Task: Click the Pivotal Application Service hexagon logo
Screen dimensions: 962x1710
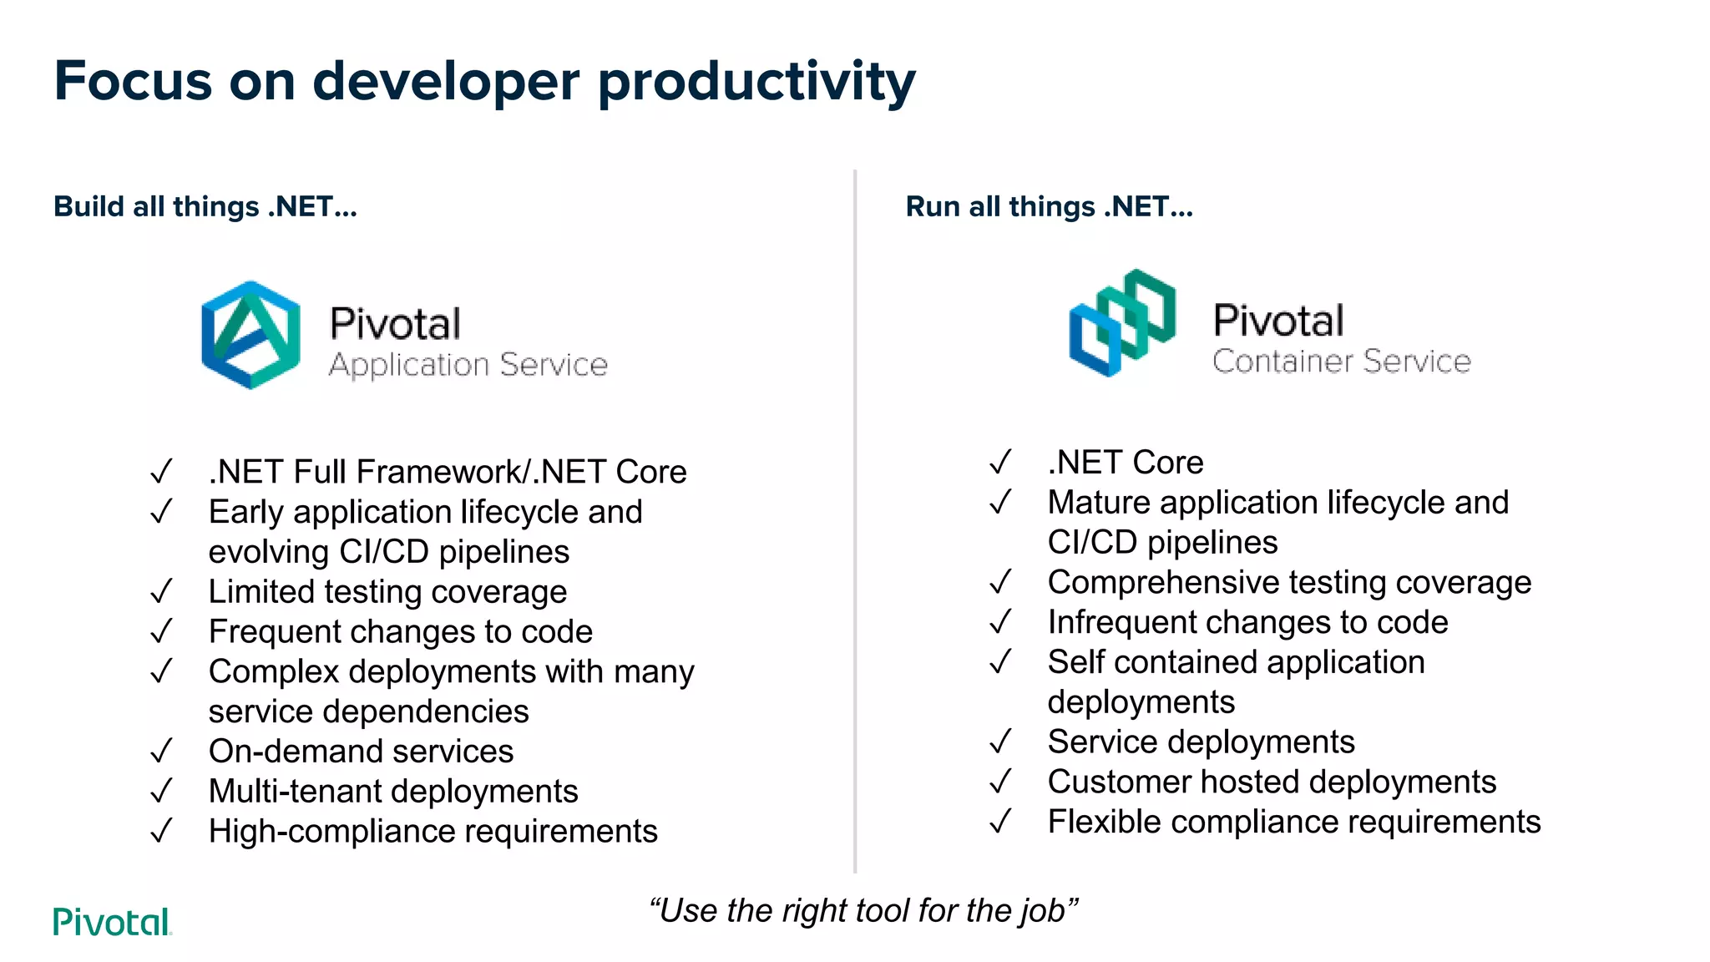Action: click(x=250, y=335)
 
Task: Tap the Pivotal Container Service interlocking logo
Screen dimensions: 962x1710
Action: click(x=1122, y=322)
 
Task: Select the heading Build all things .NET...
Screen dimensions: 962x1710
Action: click(x=205, y=206)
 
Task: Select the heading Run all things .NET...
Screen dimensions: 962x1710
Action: click(x=1049, y=206)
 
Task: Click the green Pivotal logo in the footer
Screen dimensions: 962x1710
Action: click(x=112, y=922)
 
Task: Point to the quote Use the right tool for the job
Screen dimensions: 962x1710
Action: click(x=863, y=910)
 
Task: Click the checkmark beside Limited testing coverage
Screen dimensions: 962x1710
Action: click(x=161, y=592)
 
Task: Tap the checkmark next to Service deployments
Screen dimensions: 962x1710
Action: click(x=1000, y=742)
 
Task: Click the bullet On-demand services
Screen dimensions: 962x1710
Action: click(x=361, y=752)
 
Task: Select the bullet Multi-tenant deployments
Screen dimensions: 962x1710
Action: click(x=393, y=792)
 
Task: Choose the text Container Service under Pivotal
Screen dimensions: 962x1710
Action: click(x=1341, y=362)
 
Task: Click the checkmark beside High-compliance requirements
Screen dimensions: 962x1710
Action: click(x=161, y=832)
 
